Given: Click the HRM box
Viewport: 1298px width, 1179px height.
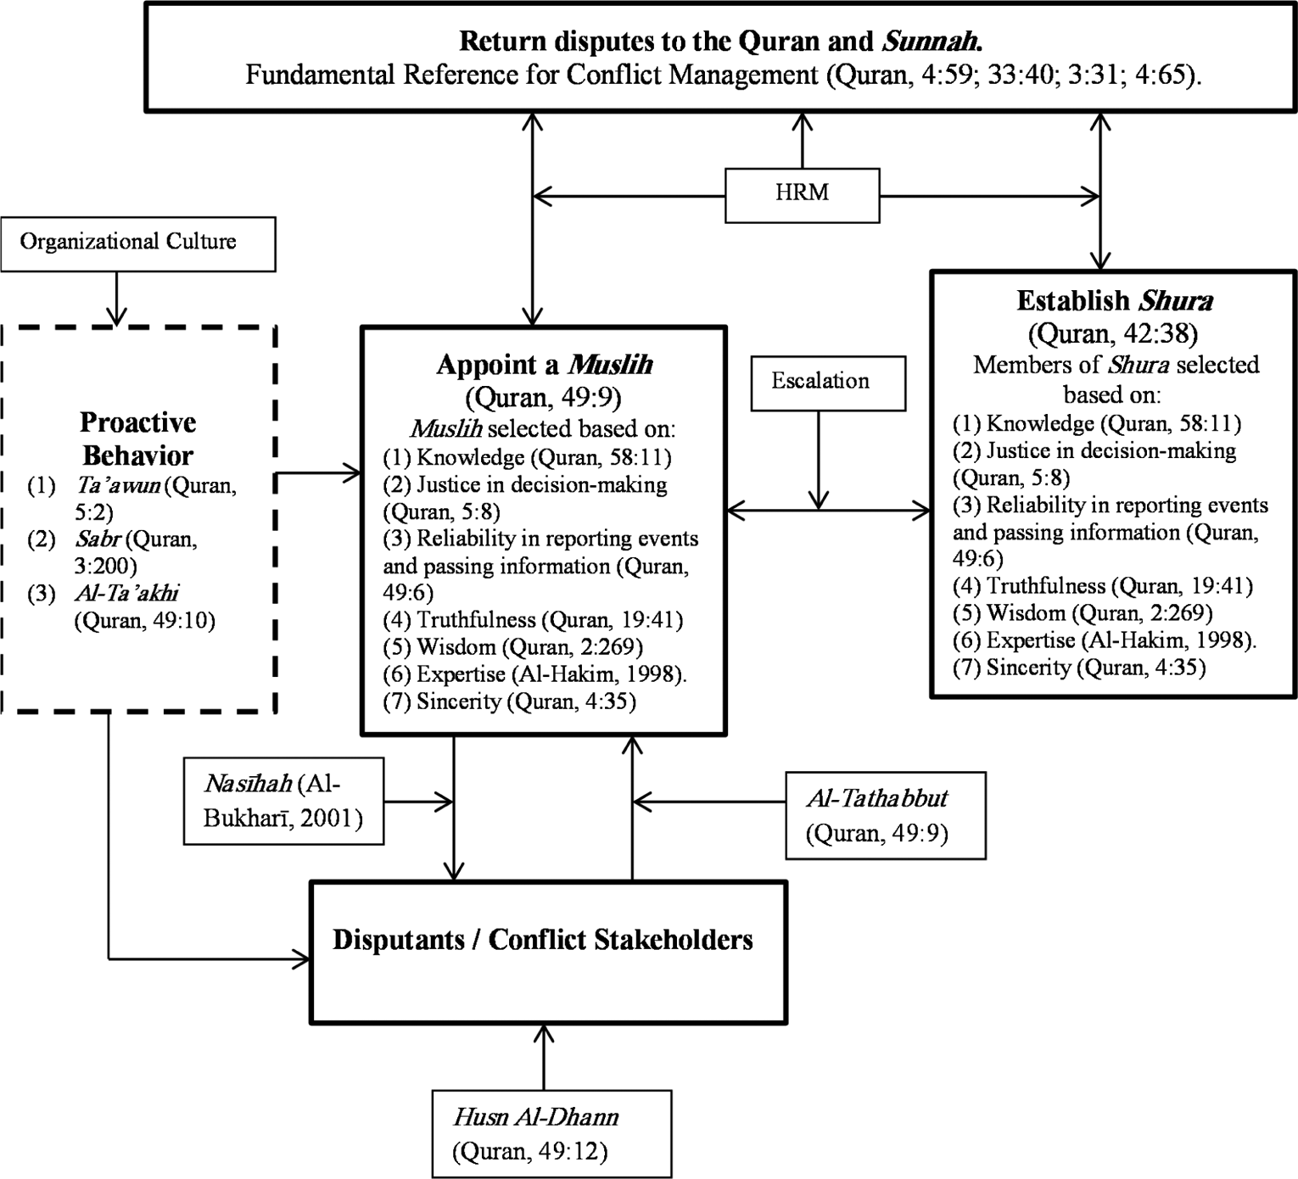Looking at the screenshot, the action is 803,195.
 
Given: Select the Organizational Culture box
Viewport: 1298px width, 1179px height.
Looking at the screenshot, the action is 137,244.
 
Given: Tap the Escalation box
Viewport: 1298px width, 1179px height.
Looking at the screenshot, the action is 828,383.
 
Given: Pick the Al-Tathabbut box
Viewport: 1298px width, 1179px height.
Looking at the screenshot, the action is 886,815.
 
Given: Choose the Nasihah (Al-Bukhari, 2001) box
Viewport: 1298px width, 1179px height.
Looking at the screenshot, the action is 283,801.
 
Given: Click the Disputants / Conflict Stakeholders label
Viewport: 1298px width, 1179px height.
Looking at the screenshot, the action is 543,940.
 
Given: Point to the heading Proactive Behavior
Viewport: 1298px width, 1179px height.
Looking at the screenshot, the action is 137,439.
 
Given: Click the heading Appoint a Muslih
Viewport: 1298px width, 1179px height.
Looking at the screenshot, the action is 544,365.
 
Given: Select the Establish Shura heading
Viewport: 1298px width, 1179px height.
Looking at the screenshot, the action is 1114,301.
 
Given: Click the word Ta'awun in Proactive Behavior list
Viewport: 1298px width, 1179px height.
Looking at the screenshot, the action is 118,485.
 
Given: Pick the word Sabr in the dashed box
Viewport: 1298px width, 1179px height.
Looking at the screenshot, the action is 98,539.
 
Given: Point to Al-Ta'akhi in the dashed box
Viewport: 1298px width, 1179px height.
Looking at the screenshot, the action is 126,593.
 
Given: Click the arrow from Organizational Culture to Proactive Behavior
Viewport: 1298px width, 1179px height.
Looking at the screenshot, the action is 116,299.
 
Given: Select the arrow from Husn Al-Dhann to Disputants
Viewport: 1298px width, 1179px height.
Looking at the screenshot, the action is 544,1058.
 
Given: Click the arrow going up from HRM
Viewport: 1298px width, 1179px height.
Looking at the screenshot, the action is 803,141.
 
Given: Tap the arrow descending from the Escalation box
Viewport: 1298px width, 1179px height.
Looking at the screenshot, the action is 819,461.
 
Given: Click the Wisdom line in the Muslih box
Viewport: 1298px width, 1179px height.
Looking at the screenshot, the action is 512,647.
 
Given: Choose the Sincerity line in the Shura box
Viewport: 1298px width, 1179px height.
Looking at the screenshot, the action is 1078,668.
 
